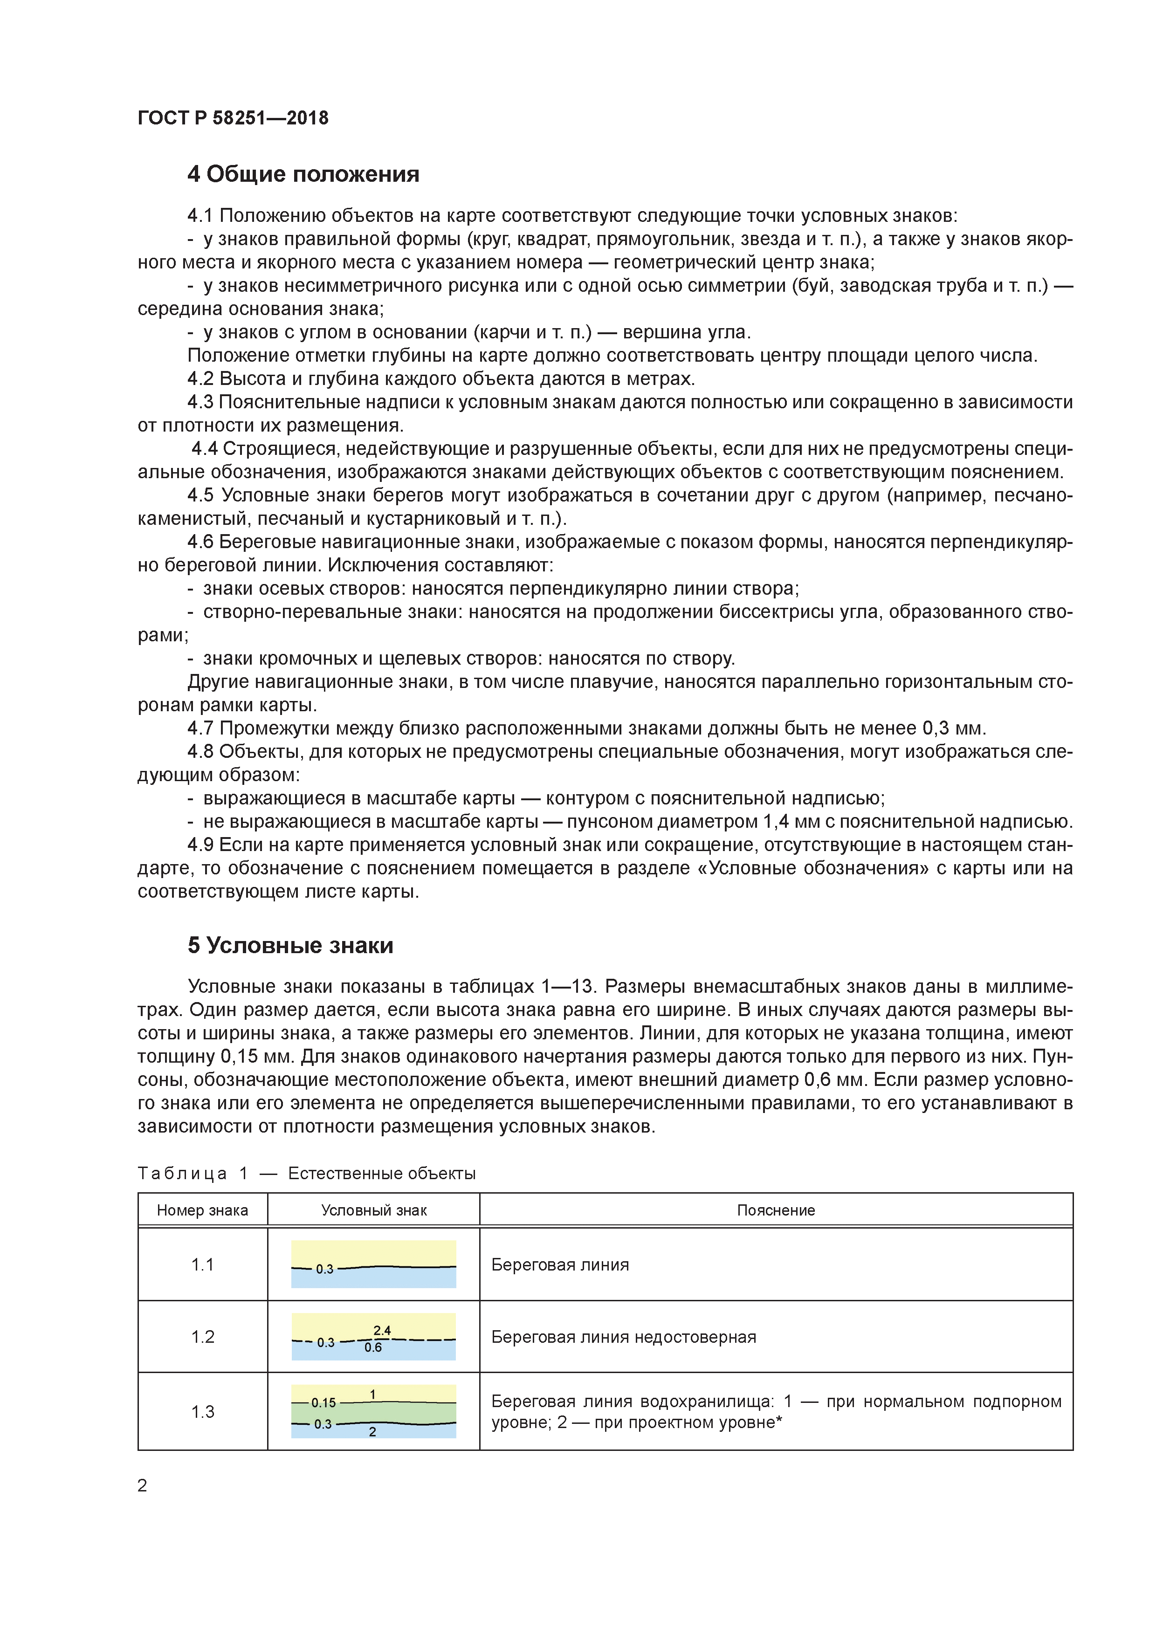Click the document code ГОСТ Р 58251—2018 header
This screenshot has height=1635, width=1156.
click(x=233, y=118)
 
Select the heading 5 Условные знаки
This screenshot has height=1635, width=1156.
click(x=290, y=946)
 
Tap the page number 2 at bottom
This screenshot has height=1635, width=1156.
click(x=143, y=1485)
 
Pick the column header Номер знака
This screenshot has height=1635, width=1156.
click(x=202, y=1210)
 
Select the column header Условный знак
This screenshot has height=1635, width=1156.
click(x=373, y=1210)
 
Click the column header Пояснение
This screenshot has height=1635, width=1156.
click(x=776, y=1210)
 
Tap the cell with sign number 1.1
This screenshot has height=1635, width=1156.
click(x=202, y=1265)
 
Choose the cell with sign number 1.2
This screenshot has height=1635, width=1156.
click(x=202, y=1337)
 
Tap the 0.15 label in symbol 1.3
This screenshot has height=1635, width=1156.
click(x=323, y=1403)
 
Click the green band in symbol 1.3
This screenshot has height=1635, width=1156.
click(x=413, y=1413)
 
